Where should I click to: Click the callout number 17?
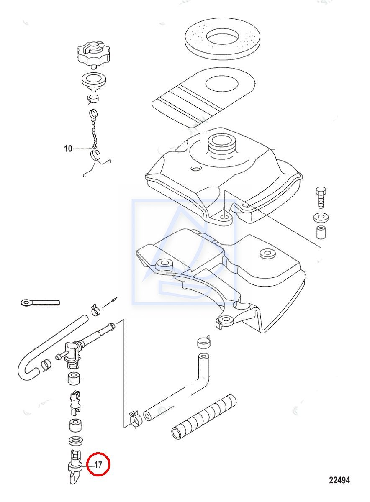(x=98, y=465)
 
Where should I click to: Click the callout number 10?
(x=68, y=149)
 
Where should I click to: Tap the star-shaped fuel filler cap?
(x=94, y=54)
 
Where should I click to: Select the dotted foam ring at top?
(x=222, y=39)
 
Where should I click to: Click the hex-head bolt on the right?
(x=321, y=197)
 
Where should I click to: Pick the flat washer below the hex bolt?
(x=321, y=217)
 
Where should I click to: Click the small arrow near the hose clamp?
(x=110, y=302)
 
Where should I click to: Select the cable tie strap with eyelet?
(x=40, y=303)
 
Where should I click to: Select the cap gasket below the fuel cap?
(x=94, y=82)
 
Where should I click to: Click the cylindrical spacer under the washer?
(x=321, y=233)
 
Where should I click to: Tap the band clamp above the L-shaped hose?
(x=203, y=342)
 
